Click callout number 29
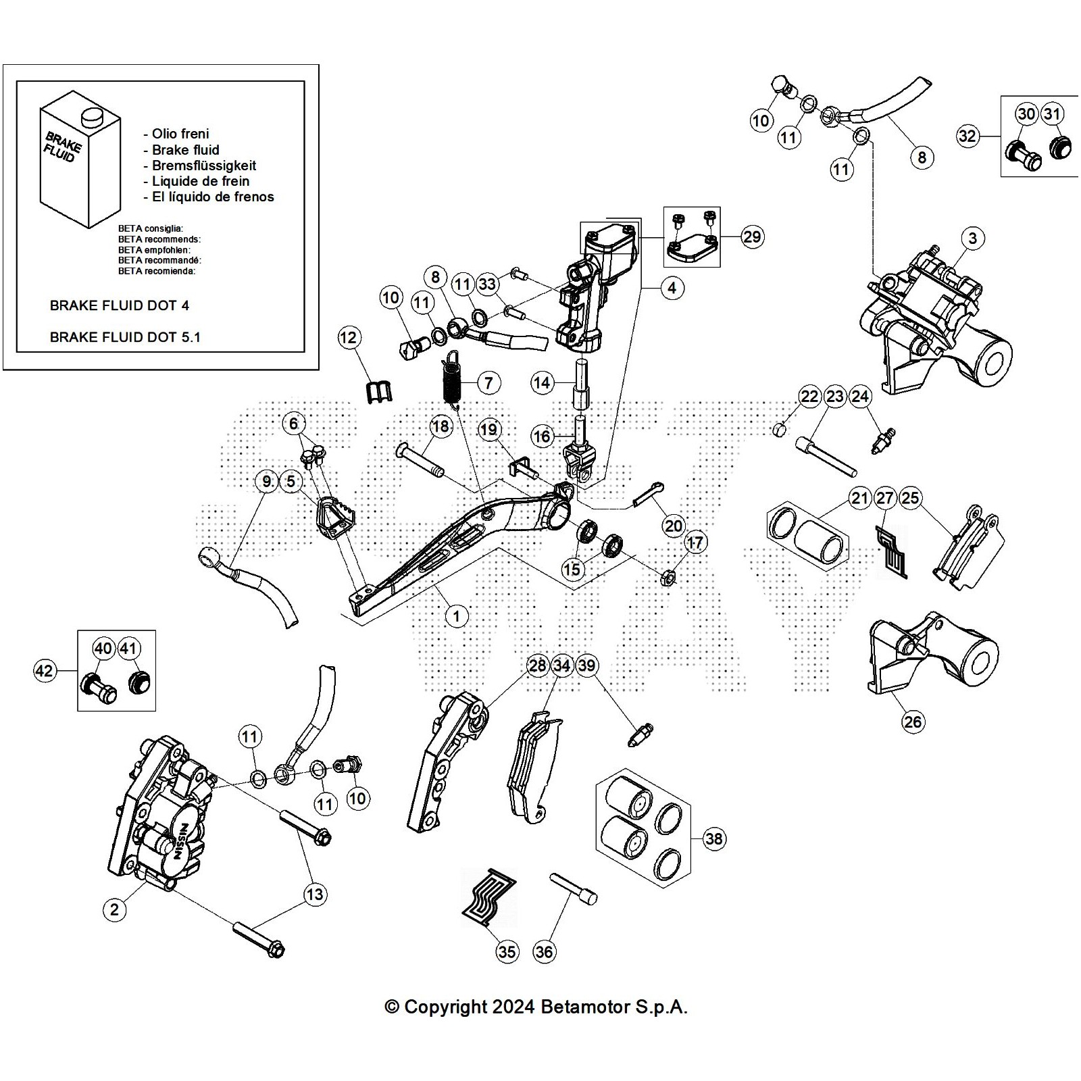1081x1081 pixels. (751, 236)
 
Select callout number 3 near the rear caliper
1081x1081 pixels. (972, 238)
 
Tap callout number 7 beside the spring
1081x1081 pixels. (488, 382)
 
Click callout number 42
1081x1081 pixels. (44, 671)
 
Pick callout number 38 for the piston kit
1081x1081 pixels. (713, 838)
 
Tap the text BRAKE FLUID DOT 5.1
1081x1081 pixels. (125, 337)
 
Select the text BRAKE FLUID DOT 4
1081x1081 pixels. (120, 305)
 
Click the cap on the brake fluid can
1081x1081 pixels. (91, 118)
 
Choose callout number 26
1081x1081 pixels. (912, 722)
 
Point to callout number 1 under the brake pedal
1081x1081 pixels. (457, 615)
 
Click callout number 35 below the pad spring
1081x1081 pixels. (507, 951)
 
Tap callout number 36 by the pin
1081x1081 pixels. (544, 951)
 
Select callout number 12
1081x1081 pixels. (349, 337)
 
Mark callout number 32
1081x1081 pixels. (967, 136)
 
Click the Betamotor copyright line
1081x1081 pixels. (536, 1007)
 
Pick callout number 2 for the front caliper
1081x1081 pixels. (114, 909)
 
